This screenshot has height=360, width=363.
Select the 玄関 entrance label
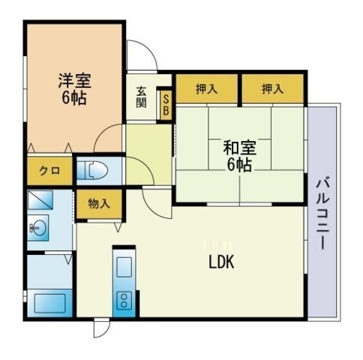pyautogui.click(x=142, y=98)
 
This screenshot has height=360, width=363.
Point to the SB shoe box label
pyautogui.click(x=166, y=105)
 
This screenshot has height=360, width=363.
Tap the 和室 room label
pyautogui.click(x=238, y=147)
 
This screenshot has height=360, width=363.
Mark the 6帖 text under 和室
pyautogui.click(x=238, y=163)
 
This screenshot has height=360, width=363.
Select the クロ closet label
pyautogui.click(x=50, y=171)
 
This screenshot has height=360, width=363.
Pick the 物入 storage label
pyautogui.click(x=98, y=203)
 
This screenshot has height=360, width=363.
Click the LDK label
pyautogui.click(x=222, y=262)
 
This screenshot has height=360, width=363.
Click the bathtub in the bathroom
pyautogui.click(x=49, y=303)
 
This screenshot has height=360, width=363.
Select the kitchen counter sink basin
pyautogui.click(x=124, y=268)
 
